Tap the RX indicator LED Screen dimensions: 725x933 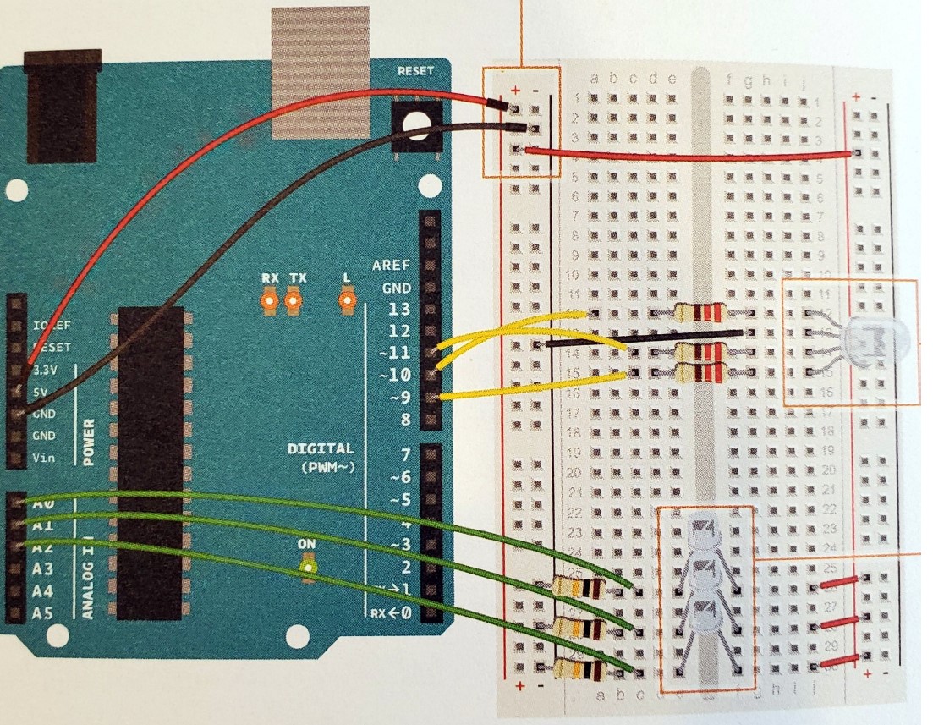(x=270, y=299)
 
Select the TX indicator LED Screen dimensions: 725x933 (x=294, y=299)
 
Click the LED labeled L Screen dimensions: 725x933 (x=345, y=299)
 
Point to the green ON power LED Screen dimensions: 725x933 (x=309, y=566)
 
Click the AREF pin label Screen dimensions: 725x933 (x=392, y=265)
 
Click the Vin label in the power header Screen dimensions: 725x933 (x=45, y=458)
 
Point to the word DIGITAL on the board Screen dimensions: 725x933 (x=320, y=449)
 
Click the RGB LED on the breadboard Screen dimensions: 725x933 (x=871, y=340)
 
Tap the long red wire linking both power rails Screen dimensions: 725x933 (x=689, y=152)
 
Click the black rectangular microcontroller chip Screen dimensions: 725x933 (x=150, y=462)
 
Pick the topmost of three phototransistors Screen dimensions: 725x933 (x=705, y=534)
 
